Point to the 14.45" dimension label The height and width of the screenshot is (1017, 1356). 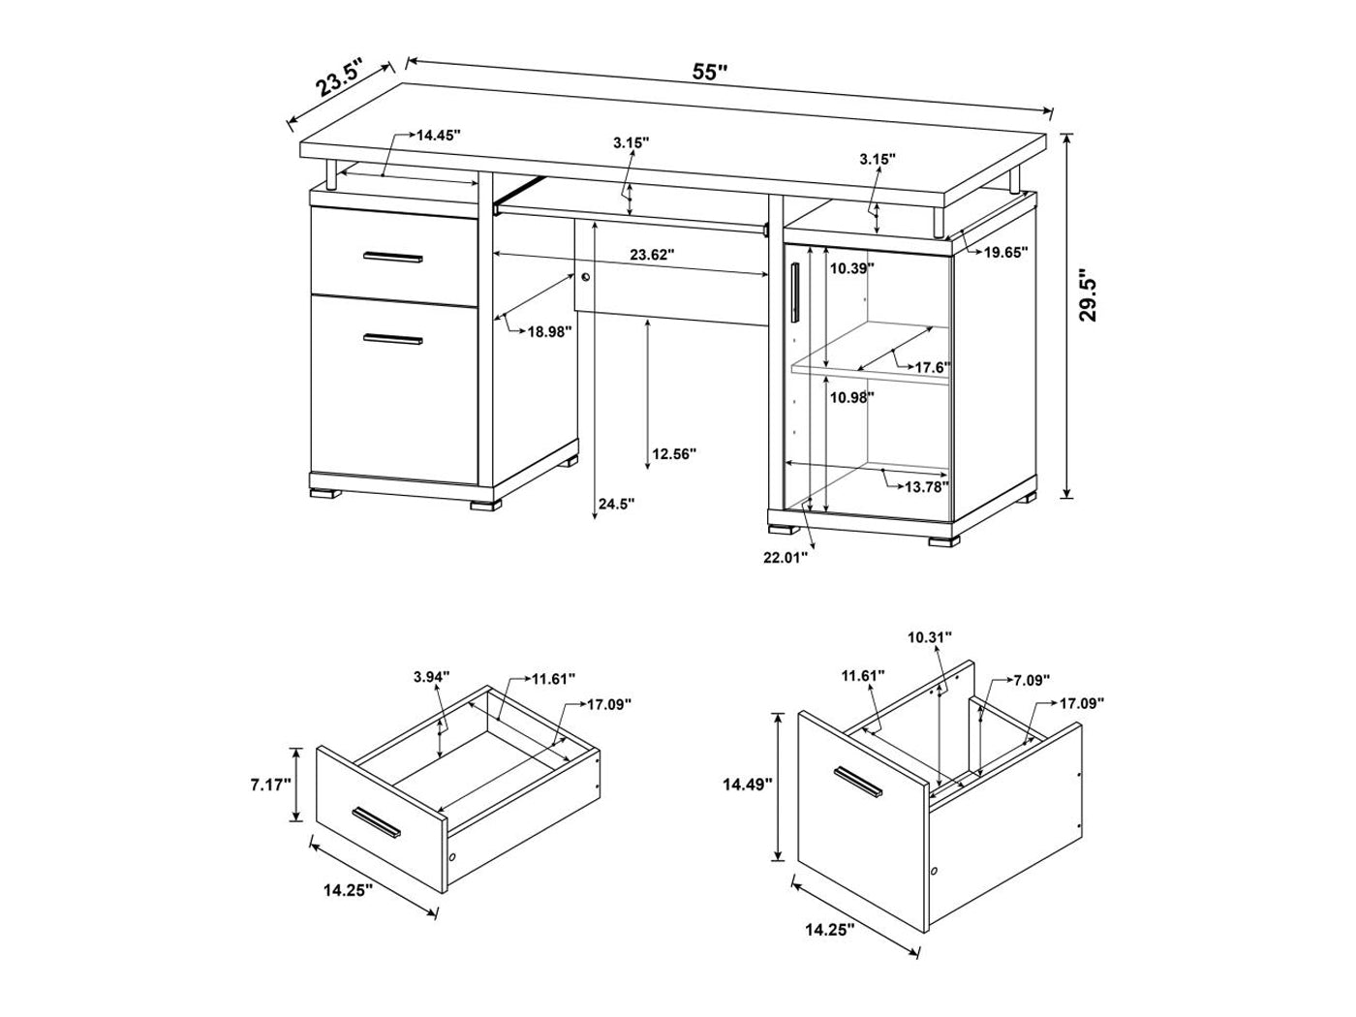coord(439,136)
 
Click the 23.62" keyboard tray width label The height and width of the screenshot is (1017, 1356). coord(652,254)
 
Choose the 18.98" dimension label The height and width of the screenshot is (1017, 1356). coord(550,331)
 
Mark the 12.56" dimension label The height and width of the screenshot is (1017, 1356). coord(674,454)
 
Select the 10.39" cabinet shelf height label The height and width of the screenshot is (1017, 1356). coord(852,268)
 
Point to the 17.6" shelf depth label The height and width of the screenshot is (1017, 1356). coord(933,367)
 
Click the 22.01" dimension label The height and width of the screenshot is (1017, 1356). coord(786,558)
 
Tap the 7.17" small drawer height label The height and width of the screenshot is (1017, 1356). coord(270,785)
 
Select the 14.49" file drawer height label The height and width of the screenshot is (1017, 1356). coord(748,785)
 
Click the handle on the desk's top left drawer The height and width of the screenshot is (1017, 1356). coord(393,258)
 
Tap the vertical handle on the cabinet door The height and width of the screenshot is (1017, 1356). coord(794,293)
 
